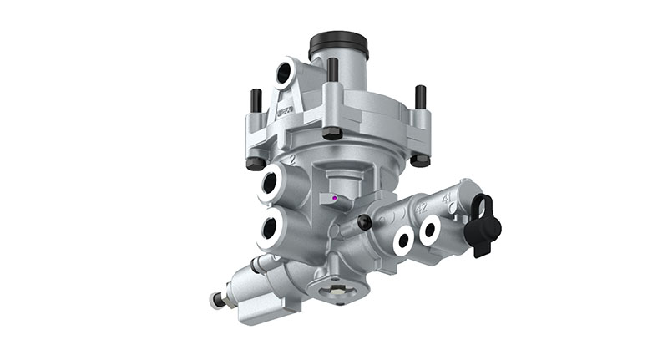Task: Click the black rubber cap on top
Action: [x=338, y=44]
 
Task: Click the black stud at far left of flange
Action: [x=256, y=100]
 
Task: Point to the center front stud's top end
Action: [x=331, y=65]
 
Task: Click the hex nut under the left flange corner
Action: [x=256, y=162]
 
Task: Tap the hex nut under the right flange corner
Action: [x=421, y=158]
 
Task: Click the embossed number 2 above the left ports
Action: [x=291, y=157]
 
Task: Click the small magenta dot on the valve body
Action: [x=335, y=199]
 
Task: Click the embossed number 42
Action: [x=422, y=207]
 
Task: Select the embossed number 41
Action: [x=448, y=199]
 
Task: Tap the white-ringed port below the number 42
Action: [x=403, y=241]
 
